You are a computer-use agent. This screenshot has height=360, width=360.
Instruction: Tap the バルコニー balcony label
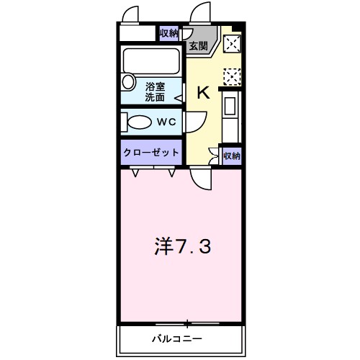pos(176,338)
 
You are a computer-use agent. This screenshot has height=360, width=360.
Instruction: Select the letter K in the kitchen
pos(203,92)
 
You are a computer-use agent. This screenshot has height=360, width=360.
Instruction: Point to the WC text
pos(167,122)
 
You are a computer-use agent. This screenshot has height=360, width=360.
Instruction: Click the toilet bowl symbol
pos(139,122)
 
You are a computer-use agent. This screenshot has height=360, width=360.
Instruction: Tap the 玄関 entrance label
pos(198,46)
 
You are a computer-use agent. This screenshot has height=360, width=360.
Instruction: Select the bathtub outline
pos(152,58)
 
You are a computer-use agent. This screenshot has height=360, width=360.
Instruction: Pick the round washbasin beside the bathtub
pos(128,81)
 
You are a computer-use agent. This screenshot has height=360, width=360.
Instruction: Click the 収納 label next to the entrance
pos(168,33)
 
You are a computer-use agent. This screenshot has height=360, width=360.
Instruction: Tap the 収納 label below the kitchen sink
pos(231,155)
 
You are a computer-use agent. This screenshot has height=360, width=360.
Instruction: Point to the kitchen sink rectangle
pos(231,106)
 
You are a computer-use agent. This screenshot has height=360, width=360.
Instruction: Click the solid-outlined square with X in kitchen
pos(232,44)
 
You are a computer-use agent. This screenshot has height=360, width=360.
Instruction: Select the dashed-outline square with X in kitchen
pos(232,76)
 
